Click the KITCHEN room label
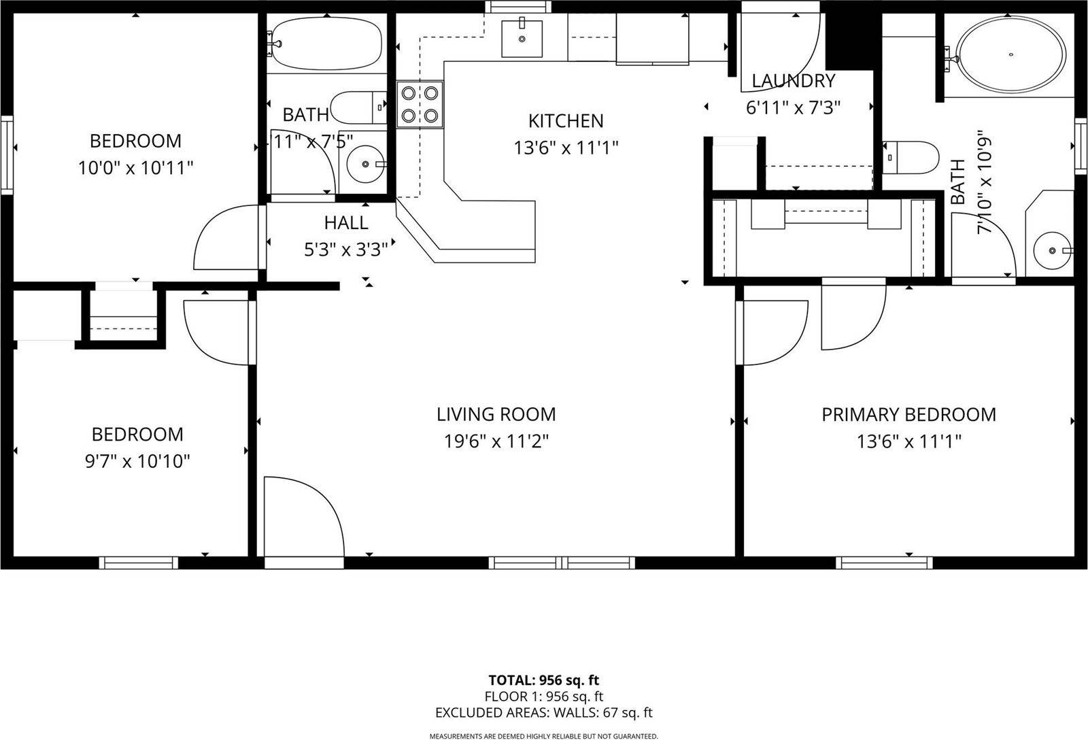[566, 121]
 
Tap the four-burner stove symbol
[420, 104]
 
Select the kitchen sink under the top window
[522, 39]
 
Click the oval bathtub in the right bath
[1010, 54]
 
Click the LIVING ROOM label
[496, 414]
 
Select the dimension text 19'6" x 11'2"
[496, 441]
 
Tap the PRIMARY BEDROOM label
[908, 414]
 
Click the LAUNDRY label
[793, 81]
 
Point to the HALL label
[345, 222]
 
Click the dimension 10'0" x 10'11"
[136, 167]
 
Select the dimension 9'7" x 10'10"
[137, 461]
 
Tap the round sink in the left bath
[366, 164]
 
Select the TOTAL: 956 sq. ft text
[543, 680]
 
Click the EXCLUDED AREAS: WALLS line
[543, 713]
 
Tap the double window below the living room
[562, 562]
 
